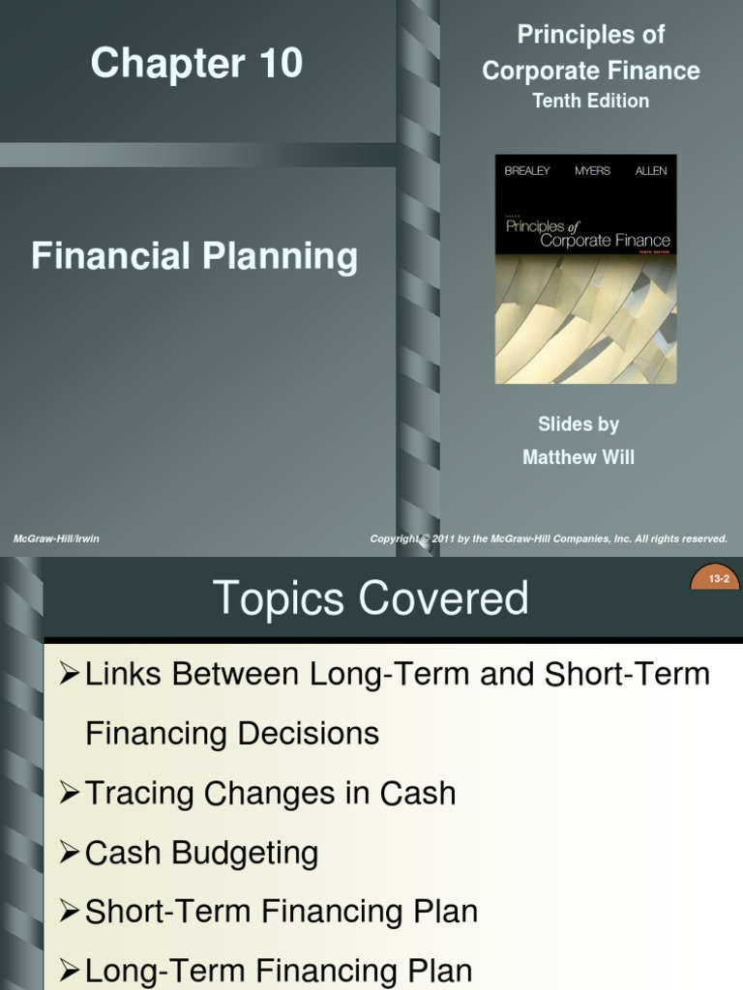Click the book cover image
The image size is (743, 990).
tap(585, 269)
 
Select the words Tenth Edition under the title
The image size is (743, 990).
tap(590, 101)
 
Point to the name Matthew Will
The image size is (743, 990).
tap(579, 457)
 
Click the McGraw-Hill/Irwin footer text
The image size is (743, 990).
tap(56, 539)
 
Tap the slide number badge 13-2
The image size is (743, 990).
tap(717, 579)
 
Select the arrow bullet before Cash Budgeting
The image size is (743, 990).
tap(69, 852)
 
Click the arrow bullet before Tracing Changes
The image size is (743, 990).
tap(69, 793)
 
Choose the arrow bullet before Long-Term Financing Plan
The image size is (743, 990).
tap(69, 971)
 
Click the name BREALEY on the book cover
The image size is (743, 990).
tap(527, 171)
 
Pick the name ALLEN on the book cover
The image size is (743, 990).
tap(650, 171)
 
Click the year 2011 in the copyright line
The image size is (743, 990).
tap(445, 539)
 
